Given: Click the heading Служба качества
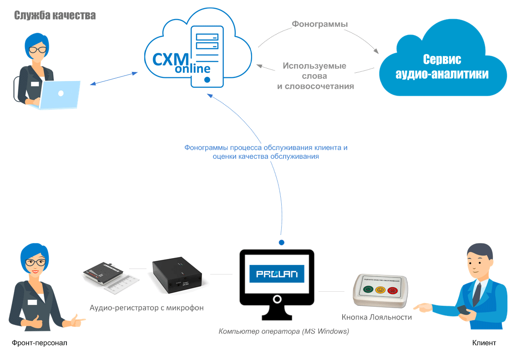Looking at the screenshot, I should tap(55, 16).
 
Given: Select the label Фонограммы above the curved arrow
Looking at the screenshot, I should tap(319, 24).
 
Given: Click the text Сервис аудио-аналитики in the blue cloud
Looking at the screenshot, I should tap(442, 66).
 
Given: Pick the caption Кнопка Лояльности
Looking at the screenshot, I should tap(377, 317).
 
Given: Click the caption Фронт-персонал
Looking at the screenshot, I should tap(40, 343).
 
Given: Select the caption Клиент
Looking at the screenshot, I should tap(484, 343).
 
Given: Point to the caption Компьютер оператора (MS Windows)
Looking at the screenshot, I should tap(283, 331).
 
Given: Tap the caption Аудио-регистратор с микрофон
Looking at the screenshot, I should tap(147, 308).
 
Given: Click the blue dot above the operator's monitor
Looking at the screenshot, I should tap(282, 243).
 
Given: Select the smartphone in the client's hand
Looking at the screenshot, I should tap(463, 309).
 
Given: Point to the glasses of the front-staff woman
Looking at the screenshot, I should tap(35, 263).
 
